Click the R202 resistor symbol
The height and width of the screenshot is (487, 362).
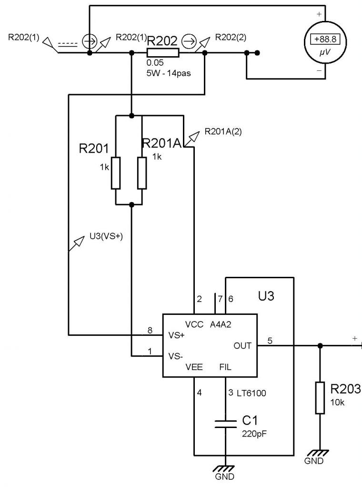[163, 53]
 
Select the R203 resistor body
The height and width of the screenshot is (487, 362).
[320, 398]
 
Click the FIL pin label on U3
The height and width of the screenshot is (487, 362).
[225, 367]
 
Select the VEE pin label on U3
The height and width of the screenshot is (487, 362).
[194, 367]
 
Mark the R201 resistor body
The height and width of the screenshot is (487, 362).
[116, 173]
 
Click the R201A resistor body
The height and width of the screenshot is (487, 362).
[141, 173]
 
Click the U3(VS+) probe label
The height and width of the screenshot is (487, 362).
[106, 236]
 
